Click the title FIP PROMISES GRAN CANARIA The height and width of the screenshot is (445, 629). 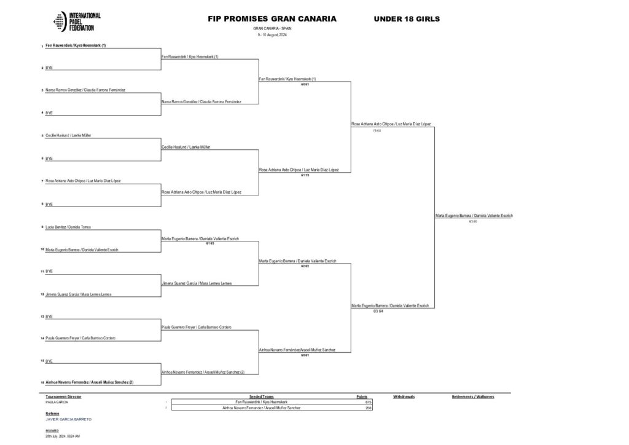tap(272, 19)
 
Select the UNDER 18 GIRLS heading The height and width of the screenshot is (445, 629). tap(407, 19)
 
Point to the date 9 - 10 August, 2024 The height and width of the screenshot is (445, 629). tap(272, 34)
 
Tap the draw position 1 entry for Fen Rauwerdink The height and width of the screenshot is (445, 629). tap(76, 45)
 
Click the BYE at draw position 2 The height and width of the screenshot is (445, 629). tap(49, 67)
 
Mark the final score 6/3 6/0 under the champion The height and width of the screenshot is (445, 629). tap(472, 221)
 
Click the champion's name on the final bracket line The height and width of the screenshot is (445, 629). tap(474, 216)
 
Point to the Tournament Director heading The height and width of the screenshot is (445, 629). tap(63, 397)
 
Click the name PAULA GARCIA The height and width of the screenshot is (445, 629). tap(55, 402)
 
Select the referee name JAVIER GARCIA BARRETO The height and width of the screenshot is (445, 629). tap(68, 419)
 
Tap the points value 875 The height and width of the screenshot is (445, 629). tap(369, 402)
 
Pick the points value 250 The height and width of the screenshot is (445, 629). tap(369, 408)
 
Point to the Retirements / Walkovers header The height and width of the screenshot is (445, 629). tap(473, 397)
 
